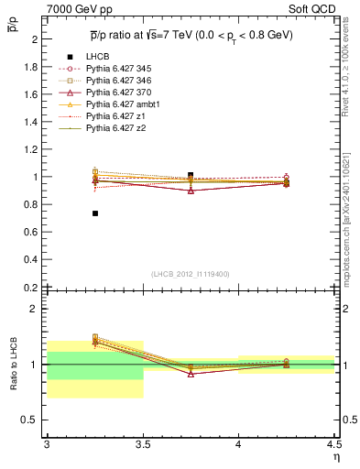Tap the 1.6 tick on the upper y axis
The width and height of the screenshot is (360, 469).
click(x=31, y=94)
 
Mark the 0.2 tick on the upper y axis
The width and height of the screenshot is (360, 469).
click(x=31, y=287)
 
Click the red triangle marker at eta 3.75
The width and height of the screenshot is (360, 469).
click(x=191, y=191)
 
